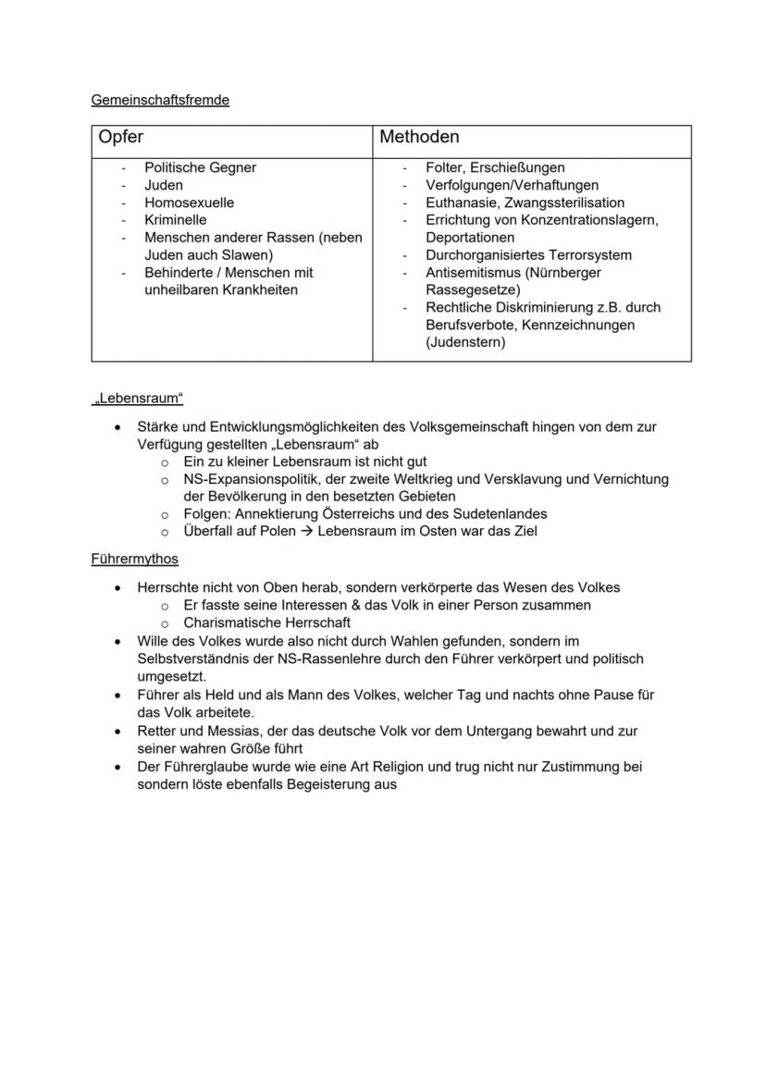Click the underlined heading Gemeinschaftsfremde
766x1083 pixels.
(x=160, y=100)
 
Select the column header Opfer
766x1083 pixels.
(x=121, y=137)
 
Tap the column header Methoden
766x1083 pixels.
(x=419, y=137)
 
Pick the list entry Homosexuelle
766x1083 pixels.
(x=189, y=203)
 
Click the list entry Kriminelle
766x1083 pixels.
(x=175, y=220)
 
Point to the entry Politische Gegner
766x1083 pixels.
(x=200, y=167)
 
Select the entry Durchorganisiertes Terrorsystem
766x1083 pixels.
(x=528, y=255)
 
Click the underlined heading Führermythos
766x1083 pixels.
(x=134, y=559)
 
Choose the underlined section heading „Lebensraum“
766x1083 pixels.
(x=138, y=399)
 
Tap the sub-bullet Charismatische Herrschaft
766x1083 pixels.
(x=266, y=622)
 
